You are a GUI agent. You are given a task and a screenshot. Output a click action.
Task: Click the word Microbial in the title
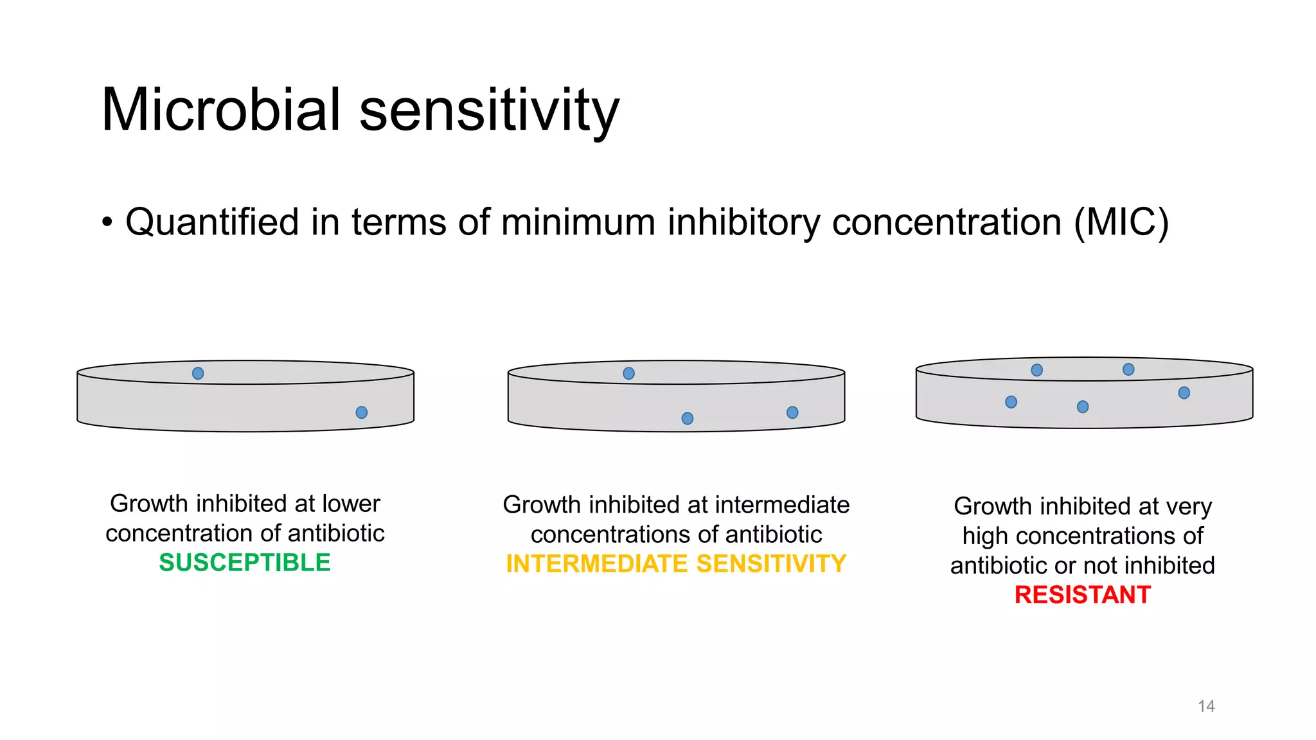coord(220,110)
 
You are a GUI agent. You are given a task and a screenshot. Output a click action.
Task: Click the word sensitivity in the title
coord(489,110)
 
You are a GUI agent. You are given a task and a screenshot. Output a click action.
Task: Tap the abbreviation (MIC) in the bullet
coord(1121,222)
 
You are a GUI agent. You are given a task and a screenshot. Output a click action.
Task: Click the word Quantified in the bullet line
coord(212,222)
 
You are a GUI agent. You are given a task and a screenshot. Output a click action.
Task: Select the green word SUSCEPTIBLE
coord(245,563)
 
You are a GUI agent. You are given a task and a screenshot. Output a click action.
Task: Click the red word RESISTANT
coord(1082,595)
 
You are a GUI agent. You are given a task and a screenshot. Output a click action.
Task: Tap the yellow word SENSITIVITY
coord(771,564)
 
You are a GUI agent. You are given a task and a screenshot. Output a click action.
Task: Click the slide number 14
coord(1206,706)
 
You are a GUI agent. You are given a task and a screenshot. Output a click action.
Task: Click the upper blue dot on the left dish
coord(198,373)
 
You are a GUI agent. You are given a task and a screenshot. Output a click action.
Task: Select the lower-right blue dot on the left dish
coord(362,412)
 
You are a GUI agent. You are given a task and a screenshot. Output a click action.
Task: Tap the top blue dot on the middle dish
coord(629,373)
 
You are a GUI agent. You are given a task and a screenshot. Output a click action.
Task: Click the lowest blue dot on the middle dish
coord(688,419)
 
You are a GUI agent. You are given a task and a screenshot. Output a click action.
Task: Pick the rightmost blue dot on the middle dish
coord(792,412)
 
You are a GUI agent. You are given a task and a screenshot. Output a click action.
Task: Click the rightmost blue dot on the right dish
coord(1184,392)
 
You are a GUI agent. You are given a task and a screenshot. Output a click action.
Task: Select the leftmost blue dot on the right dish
coord(1011,402)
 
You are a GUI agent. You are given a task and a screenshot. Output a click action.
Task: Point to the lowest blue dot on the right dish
coord(1083,407)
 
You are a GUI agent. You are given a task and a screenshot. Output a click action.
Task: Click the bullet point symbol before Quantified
coord(107,224)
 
